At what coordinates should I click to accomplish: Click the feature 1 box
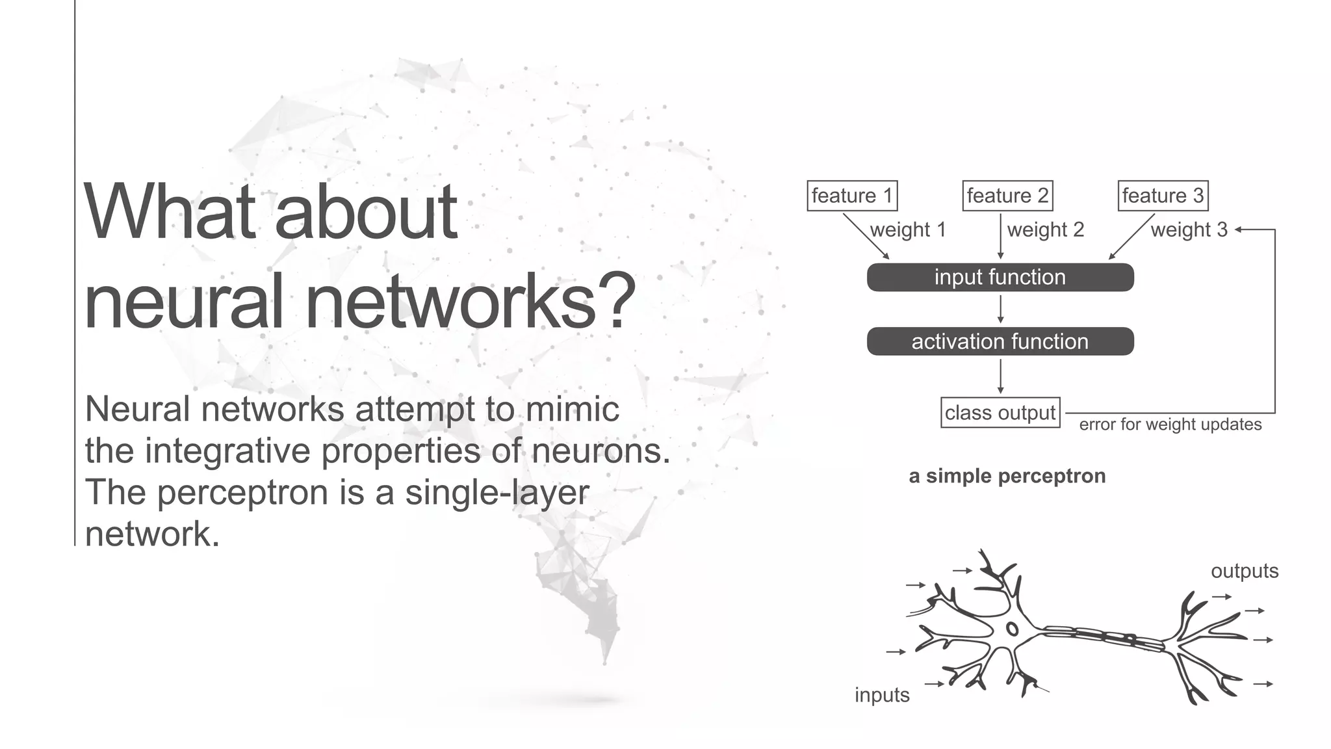click(852, 196)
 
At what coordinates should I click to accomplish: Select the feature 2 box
click(1007, 196)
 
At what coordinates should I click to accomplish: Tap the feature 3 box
click(1163, 196)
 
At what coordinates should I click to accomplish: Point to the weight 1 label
click(908, 230)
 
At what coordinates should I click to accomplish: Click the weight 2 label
click(1046, 230)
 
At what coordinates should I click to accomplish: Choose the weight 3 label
click(1189, 230)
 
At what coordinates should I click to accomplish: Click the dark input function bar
click(1000, 278)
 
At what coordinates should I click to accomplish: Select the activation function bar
click(1000, 341)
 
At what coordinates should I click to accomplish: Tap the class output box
click(1000, 413)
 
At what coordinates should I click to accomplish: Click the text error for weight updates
click(1170, 425)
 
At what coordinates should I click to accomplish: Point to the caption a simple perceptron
click(1007, 476)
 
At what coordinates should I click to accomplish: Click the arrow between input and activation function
click(1000, 309)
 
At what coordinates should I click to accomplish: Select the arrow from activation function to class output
click(1000, 376)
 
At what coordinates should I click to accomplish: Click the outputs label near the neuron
click(1245, 571)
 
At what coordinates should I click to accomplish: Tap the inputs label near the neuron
click(882, 695)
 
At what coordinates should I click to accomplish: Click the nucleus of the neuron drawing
click(1012, 629)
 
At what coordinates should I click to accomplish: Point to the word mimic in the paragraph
click(572, 409)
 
